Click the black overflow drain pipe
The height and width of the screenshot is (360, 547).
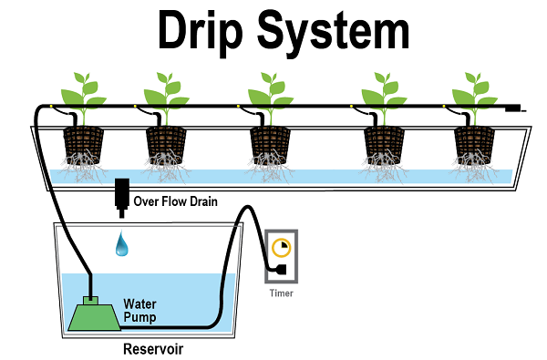122,198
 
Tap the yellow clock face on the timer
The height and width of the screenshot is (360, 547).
282,247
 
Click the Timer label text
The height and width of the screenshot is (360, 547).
281,293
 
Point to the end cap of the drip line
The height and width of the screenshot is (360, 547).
514,108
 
